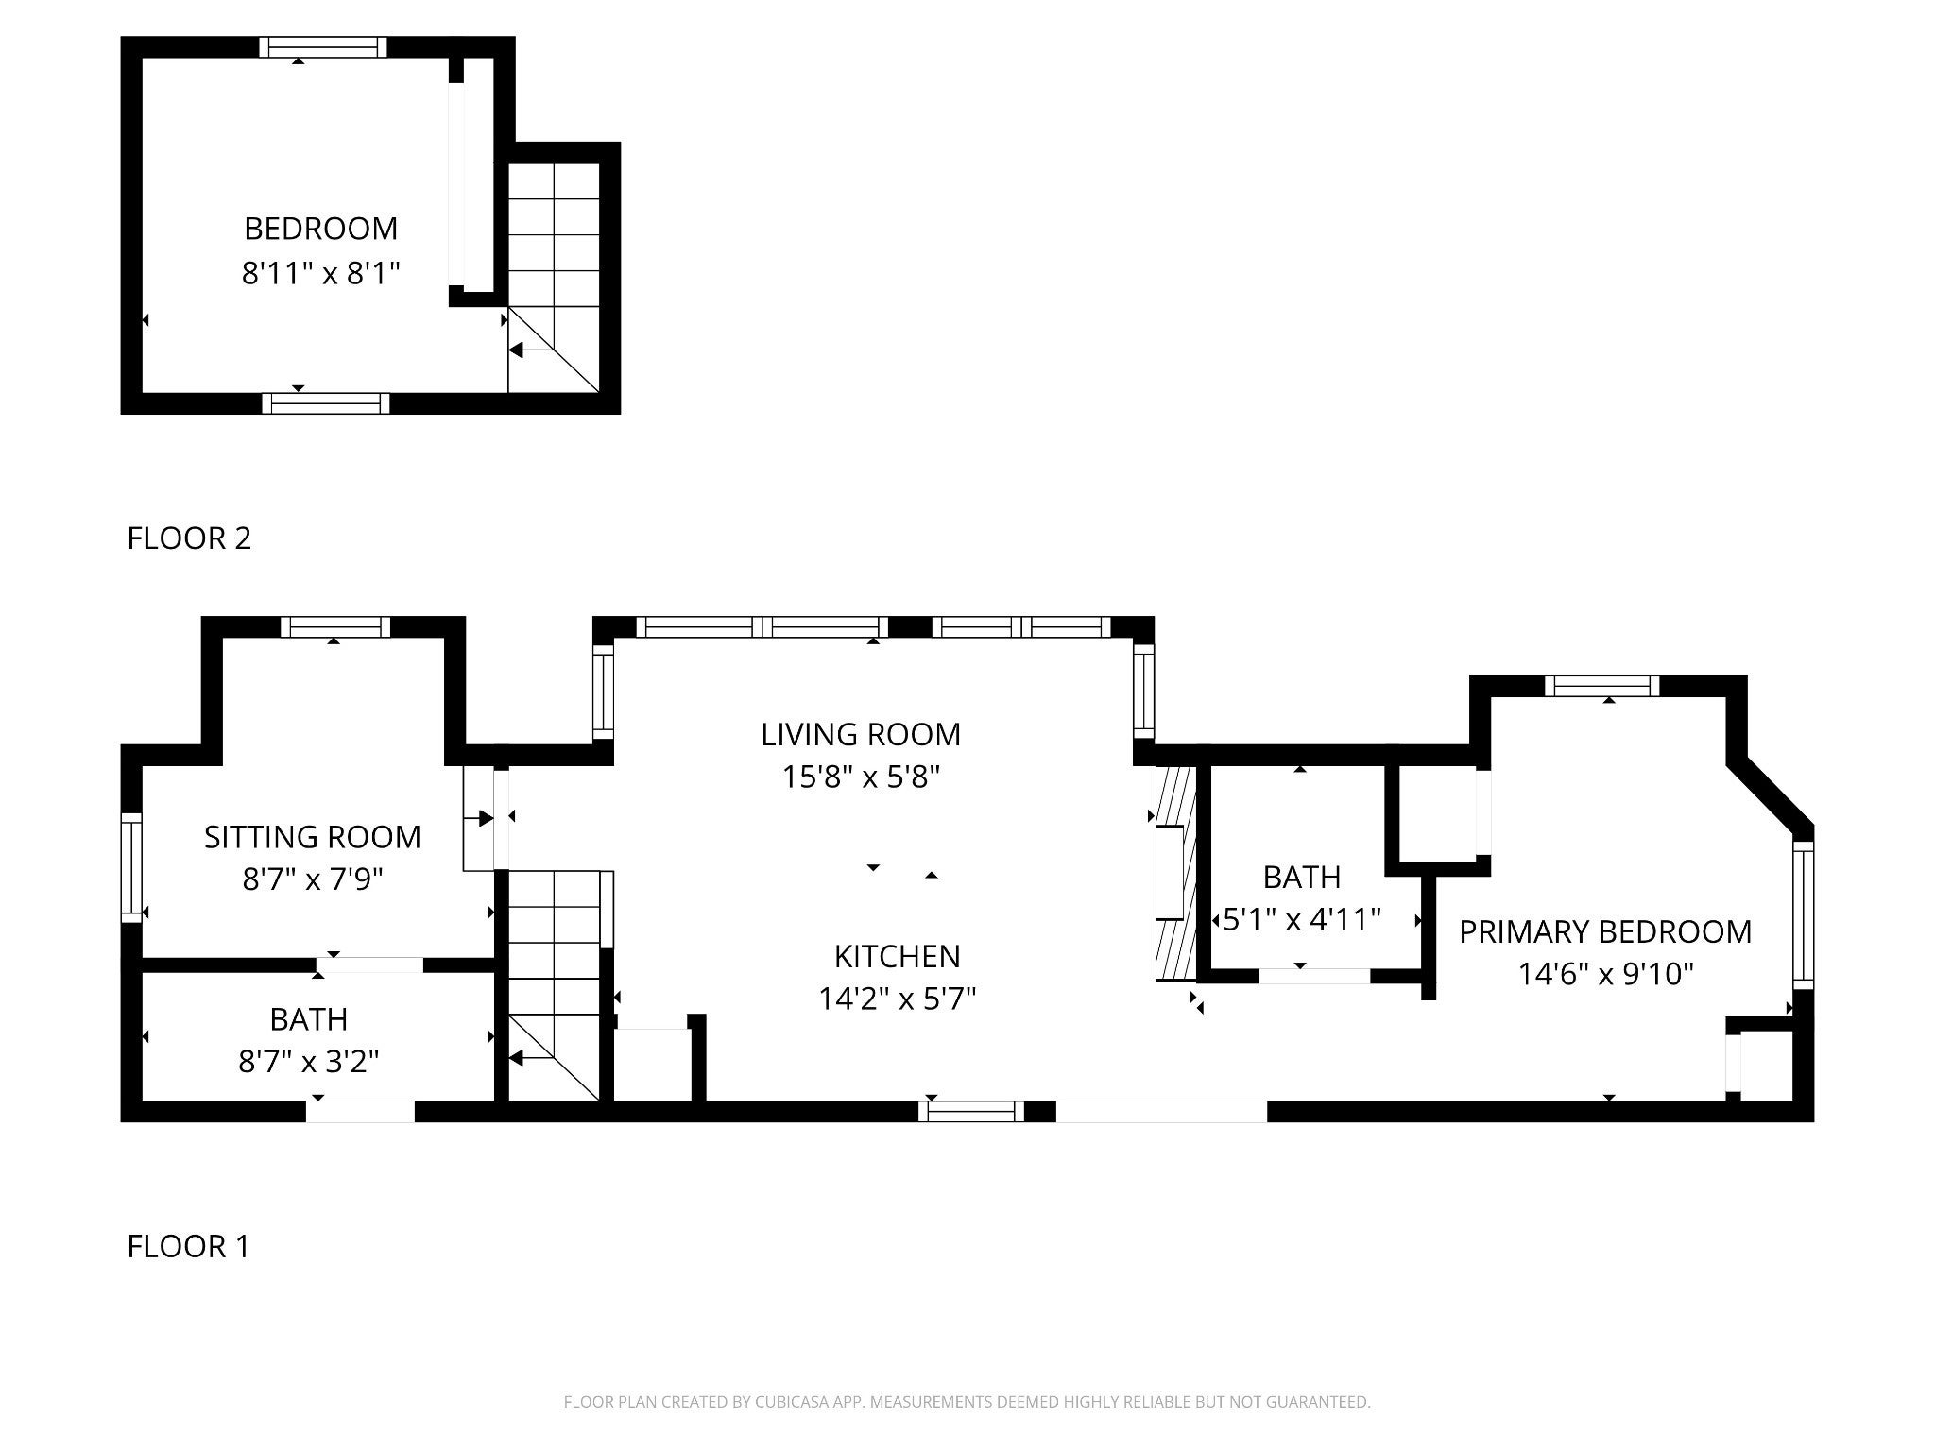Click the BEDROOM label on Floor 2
pos(321,229)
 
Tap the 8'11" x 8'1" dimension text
pos(321,274)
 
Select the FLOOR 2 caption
pos(189,538)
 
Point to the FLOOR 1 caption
pos(189,1247)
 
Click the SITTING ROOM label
pos(313,837)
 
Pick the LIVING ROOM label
pos(861,734)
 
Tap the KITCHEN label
pos(897,956)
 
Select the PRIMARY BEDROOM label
pos(1605,931)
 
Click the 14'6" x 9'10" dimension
pos(1605,974)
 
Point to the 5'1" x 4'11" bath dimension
pos(1302,919)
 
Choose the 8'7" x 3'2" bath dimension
pos(309,1062)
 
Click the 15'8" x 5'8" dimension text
pos(861,777)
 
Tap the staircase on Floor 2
pos(554,278)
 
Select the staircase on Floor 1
pos(555,985)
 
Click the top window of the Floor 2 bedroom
pos(324,47)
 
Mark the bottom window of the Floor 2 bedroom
pos(326,403)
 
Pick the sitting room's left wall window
pos(131,867)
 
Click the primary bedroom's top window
pos(1602,687)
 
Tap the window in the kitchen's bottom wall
pos(971,1112)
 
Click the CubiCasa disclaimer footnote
pos(967,1402)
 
